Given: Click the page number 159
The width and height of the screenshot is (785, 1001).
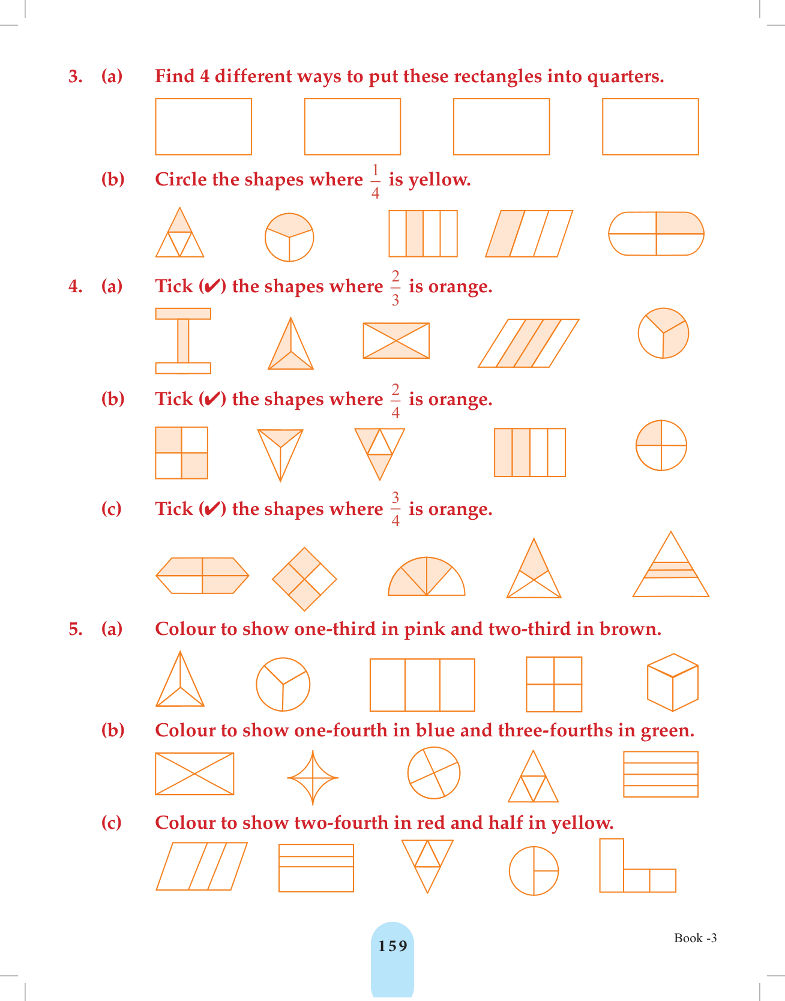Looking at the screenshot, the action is pos(392,946).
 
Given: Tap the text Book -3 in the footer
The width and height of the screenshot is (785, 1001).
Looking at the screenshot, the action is pos(696,938).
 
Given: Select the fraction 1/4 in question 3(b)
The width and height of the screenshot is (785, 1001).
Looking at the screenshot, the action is pos(376,181).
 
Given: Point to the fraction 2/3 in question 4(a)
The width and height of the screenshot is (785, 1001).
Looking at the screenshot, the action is pos(396,288).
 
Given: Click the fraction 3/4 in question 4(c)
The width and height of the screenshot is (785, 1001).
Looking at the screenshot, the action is pos(396,509).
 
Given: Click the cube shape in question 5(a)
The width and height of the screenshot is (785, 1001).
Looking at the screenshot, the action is pos(673,682).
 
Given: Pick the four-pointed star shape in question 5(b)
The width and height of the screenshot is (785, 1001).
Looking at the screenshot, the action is pos(313,778).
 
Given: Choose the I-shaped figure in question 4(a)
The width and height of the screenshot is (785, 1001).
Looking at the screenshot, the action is pos(183,341).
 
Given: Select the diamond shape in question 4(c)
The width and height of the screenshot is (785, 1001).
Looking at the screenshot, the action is pos(304,579).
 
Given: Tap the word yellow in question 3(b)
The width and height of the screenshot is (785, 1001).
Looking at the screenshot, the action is pos(439,180).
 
